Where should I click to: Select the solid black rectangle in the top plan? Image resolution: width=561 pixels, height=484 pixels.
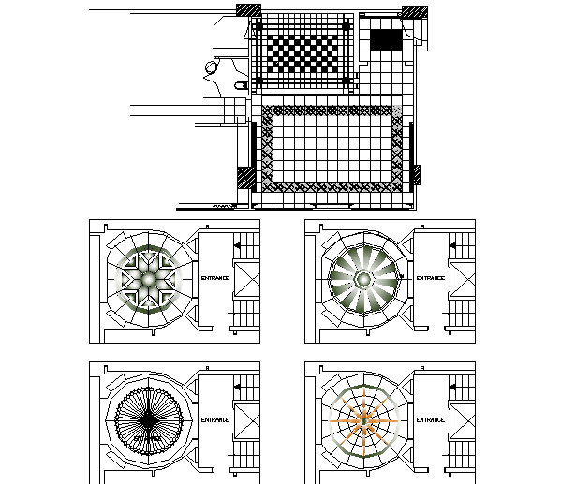385,40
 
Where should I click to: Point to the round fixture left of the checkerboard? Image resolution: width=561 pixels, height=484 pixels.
211,66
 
